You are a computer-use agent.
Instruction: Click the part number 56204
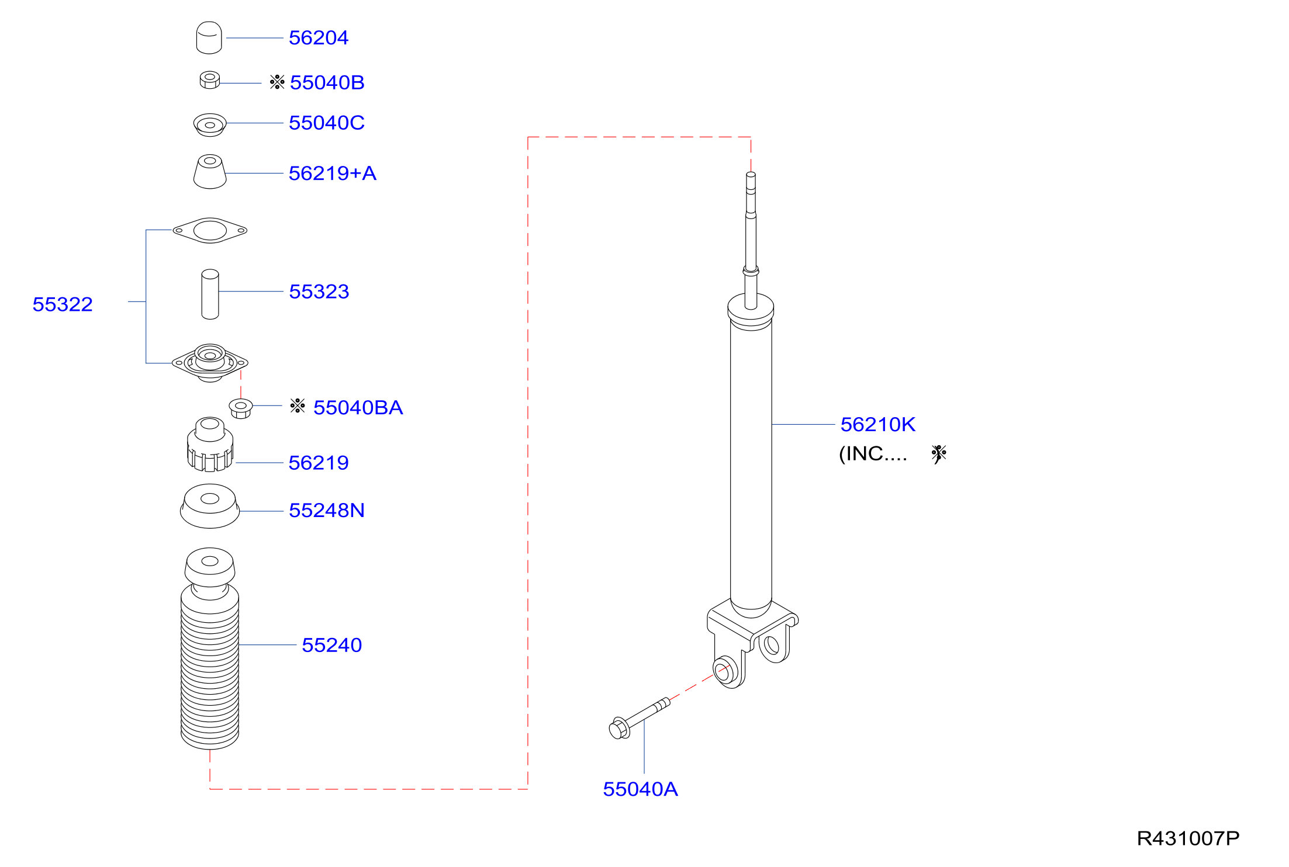coord(319,38)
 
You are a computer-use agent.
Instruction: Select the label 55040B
coord(327,82)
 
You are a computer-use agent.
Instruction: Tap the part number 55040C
coord(327,123)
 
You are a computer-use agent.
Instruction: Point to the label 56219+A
coord(333,174)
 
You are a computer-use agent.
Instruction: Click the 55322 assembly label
coord(63,304)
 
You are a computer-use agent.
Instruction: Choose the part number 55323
coord(319,292)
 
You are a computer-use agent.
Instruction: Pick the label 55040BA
coord(358,408)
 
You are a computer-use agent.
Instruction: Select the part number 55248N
coord(327,511)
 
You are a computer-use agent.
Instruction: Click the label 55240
coord(332,645)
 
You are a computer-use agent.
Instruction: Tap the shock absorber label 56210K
coord(878,425)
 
